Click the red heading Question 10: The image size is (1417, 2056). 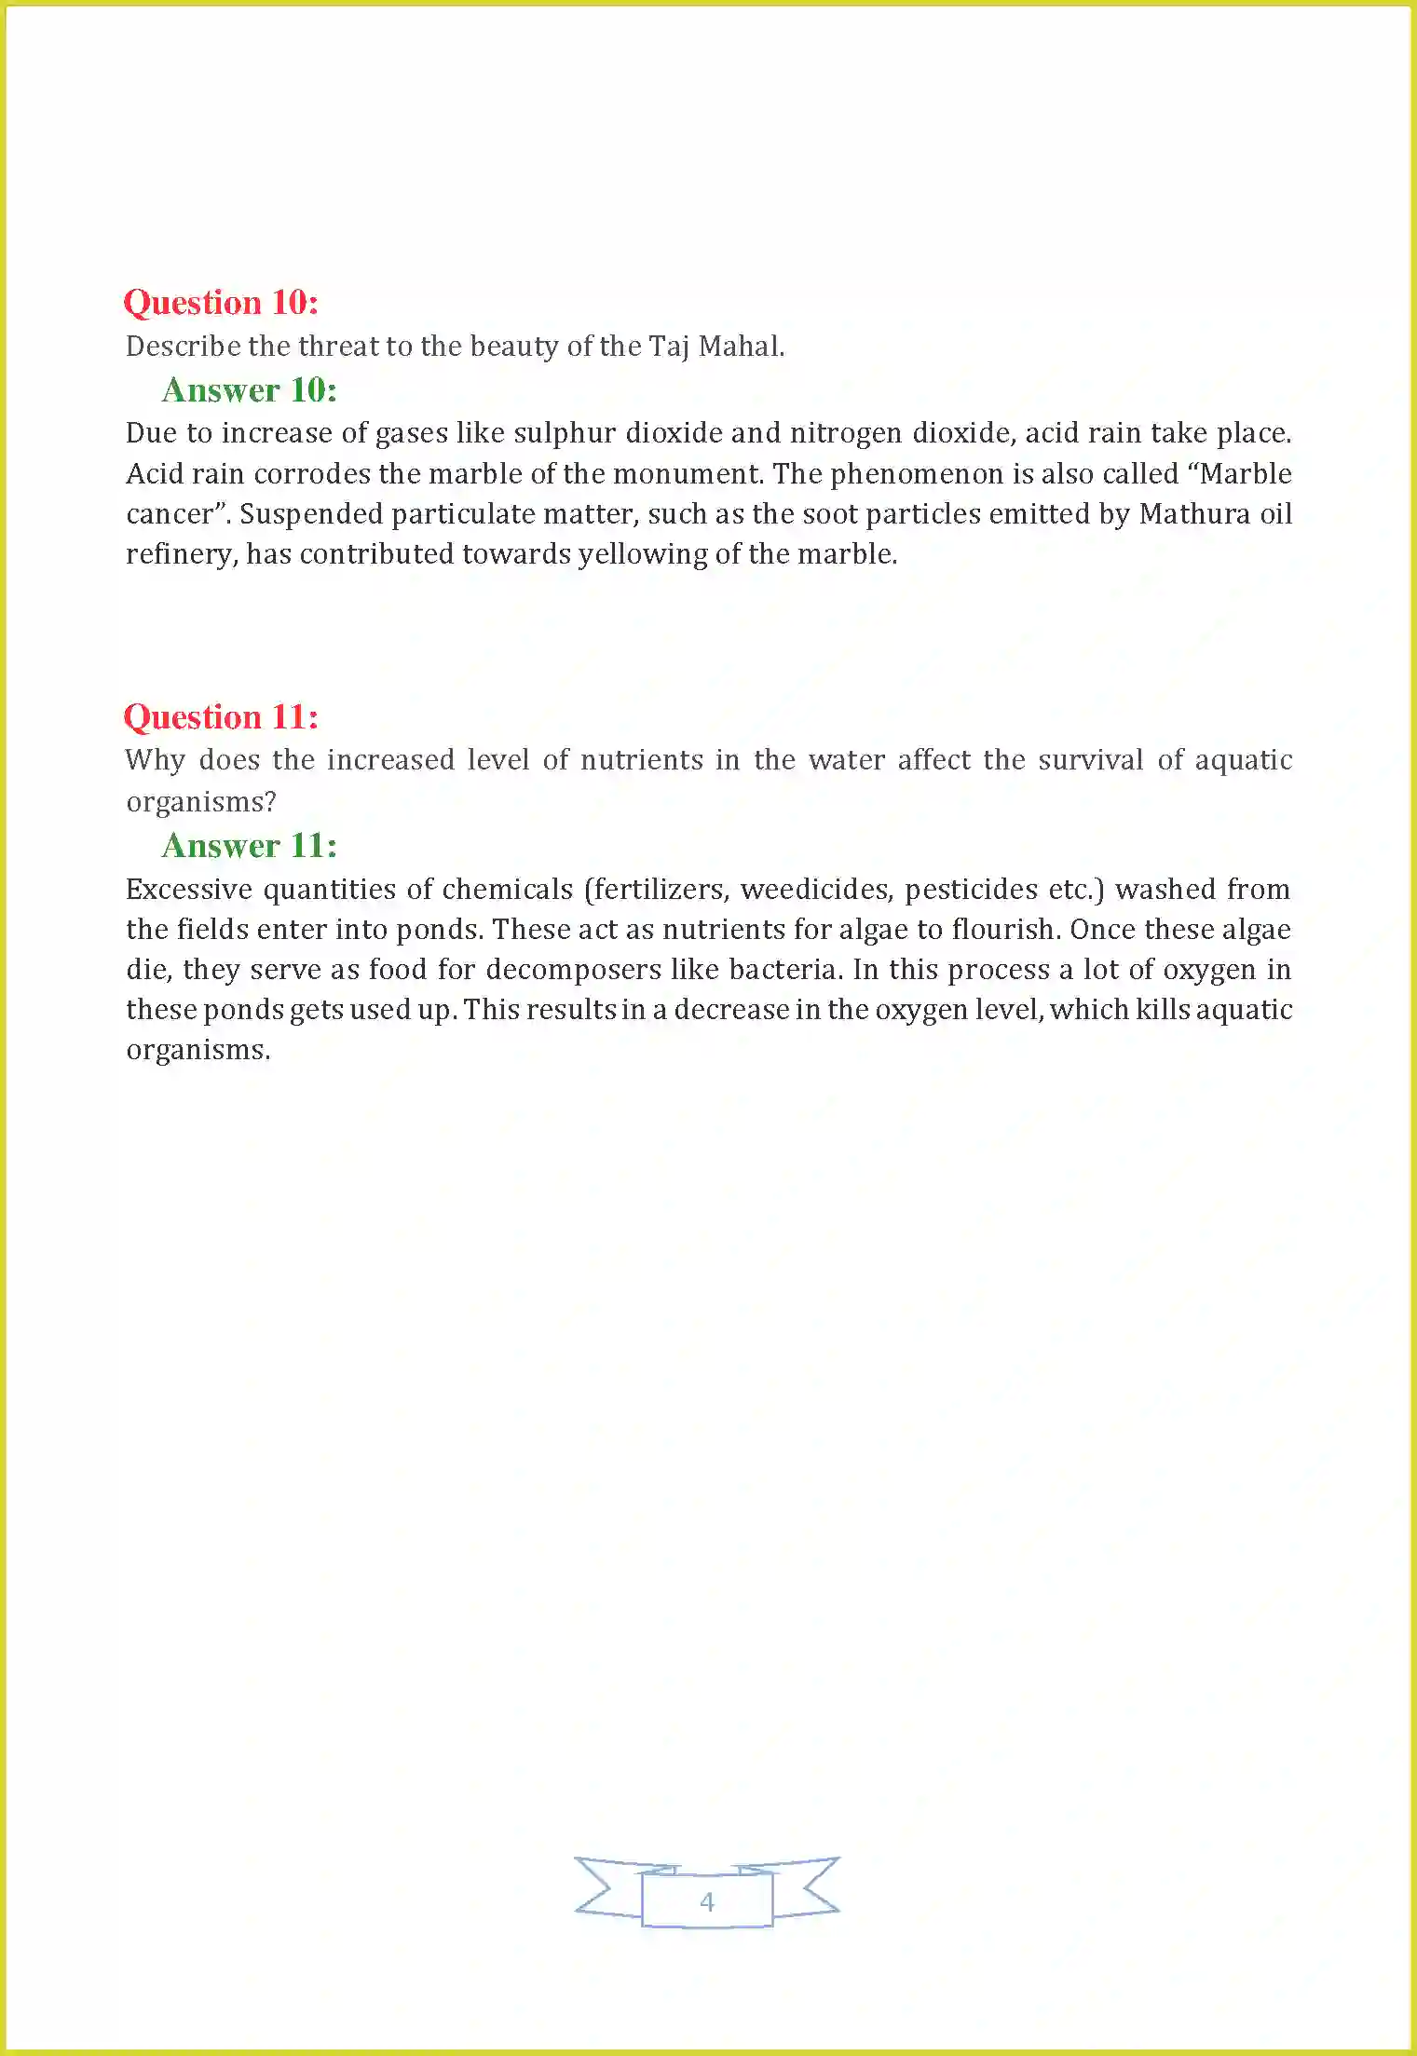coord(221,303)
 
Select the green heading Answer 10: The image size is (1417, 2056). coord(249,390)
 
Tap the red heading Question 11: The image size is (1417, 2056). coord(221,717)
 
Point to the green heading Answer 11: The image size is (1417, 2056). coord(249,846)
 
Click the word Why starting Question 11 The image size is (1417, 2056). coord(155,760)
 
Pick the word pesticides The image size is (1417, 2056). coord(971,890)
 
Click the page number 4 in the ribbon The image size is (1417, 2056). coord(707,1900)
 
